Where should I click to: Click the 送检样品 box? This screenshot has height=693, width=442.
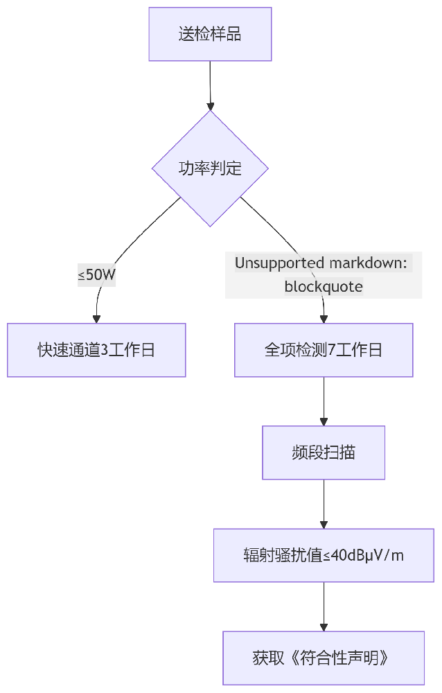click(210, 34)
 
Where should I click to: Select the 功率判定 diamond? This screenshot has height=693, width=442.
click(210, 168)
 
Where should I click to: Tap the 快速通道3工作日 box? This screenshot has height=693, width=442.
click(96, 350)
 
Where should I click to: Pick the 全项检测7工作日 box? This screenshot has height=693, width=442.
click(324, 350)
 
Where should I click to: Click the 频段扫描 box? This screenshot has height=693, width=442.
click(324, 453)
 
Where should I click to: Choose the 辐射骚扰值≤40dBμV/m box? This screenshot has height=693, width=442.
click(324, 555)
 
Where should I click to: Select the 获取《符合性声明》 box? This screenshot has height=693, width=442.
click(324, 658)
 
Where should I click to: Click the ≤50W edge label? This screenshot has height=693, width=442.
click(96, 274)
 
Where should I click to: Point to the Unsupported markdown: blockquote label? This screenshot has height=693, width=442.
click(324, 274)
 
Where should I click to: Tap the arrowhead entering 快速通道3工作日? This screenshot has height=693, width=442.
click(96, 319)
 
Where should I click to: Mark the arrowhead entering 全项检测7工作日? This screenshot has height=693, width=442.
click(324, 319)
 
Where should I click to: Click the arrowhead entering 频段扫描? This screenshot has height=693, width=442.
click(324, 421)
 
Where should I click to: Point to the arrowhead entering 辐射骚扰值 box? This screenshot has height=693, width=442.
click(324, 525)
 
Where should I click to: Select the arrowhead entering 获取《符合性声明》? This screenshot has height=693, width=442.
click(324, 626)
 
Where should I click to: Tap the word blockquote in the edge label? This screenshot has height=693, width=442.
click(324, 286)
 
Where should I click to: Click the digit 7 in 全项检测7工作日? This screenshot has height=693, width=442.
click(332, 350)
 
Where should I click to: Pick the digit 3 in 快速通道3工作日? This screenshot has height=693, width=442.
click(105, 350)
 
